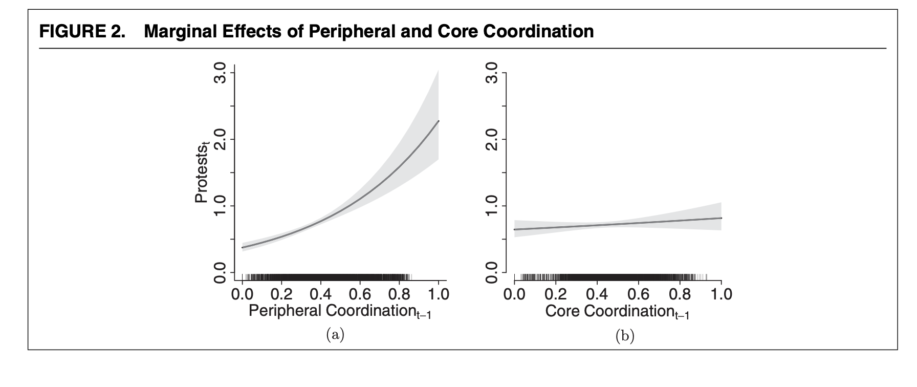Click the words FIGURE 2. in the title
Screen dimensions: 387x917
tap(82, 32)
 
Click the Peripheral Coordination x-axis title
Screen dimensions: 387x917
tap(340, 311)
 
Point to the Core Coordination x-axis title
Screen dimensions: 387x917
tap(617, 311)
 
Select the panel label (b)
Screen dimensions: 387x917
tap(625, 336)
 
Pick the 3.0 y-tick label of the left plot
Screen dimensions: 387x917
tap(221, 73)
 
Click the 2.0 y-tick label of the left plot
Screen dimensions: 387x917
tap(221, 139)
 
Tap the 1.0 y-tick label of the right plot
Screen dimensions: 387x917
tap(492, 206)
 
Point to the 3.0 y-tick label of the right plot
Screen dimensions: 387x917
tap(492, 73)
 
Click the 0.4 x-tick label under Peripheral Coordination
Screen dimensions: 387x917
tap(320, 294)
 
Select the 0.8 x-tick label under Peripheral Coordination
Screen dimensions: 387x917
tap(399, 294)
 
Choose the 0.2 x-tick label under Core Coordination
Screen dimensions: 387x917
tap(556, 294)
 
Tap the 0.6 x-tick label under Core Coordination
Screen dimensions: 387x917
tap(638, 294)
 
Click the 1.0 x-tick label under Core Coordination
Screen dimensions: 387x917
tap(720, 294)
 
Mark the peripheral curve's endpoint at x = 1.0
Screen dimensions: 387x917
tap(439, 121)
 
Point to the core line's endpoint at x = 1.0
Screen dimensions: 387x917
tap(720, 218)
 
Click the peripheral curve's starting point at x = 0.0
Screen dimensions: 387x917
tap(243, 248)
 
